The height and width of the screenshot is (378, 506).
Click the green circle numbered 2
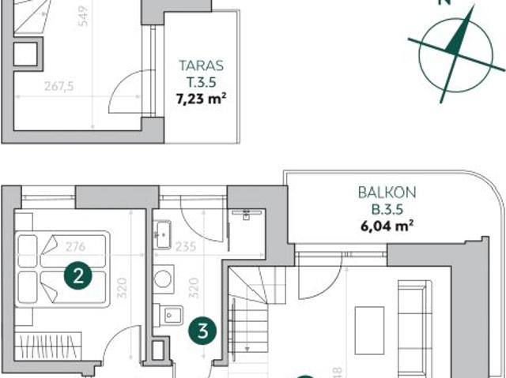(78, 275)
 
